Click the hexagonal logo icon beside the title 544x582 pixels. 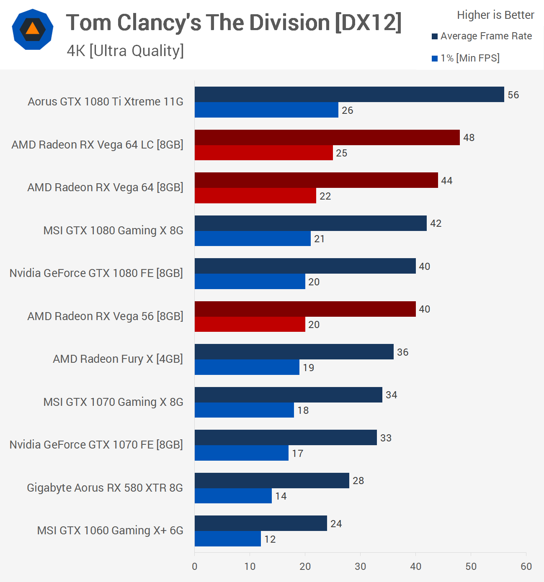tap(33, 29)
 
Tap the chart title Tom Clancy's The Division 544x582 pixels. tap(234, 23)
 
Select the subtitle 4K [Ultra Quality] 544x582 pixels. tap(125, 51)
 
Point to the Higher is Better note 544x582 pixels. tap(495, 15)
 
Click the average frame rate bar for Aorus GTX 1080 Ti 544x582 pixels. tap(349, 95)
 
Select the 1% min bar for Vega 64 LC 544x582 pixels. tap(264, 153)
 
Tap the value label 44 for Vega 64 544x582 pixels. tap(447, 181)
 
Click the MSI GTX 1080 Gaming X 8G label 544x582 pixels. tap(113, 231)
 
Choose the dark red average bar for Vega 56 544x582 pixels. tap(305, 309)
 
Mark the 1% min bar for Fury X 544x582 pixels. tap(247, 367)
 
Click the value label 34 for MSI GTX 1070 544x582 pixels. tap(392, 395)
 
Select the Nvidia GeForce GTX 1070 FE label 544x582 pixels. tap(96, 444)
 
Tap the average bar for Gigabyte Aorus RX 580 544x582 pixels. tap(272, 480)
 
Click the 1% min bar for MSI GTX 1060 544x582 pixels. tap(228, 539)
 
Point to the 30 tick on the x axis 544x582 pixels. tap(361, 567)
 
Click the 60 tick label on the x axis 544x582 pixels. tap(526, 567)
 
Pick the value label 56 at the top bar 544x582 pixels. tap(513, 95)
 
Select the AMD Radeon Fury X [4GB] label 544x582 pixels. tap(118, 359)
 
